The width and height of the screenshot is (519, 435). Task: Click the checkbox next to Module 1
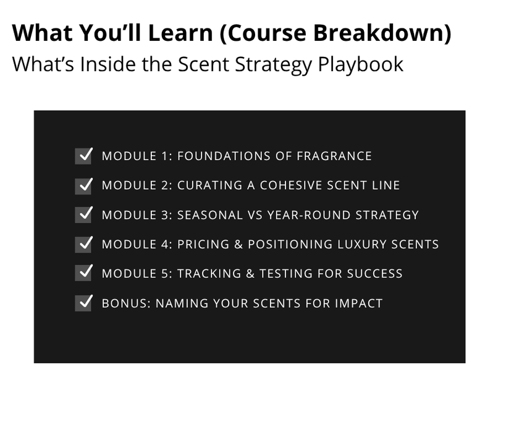83,156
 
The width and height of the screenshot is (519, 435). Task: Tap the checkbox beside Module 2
83,185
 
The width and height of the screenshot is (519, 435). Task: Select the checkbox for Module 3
83,214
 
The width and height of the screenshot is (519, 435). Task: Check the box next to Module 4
83,244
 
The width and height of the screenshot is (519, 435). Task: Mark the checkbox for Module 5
83,273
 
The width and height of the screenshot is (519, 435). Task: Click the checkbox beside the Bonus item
83,303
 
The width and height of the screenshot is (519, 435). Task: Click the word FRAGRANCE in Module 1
334,156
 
